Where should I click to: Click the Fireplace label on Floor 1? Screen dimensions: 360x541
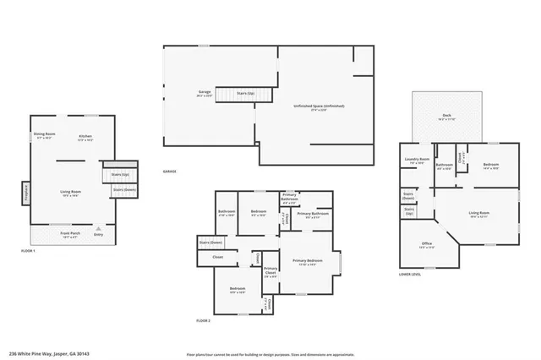pyautogui.click(x=25, y=192)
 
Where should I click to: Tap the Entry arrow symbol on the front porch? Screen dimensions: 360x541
pyautogui.click(x=99, y=227)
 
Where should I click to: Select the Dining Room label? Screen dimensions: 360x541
pyautogui.click(x=44, y=134)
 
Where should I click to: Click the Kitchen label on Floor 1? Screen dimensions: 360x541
pyautogui.click(x=85, y=135)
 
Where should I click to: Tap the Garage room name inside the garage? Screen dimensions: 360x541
pyautogui.click(x=205, y=91)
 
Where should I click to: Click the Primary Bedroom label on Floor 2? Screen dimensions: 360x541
pyautogui.click(x=307, y=261)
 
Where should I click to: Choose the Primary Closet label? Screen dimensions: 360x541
pyautogui.click(x=270, y=272)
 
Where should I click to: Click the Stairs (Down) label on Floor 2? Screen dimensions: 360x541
pyautogui.click(x=210, y=243)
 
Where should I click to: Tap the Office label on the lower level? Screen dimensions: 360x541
pyautogui.click(x=428, y=244)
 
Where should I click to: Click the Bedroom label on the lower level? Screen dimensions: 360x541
pyautogui.click(x=492, y=165)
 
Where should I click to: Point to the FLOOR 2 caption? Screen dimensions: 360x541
pyautogui.click(x=203, y=321)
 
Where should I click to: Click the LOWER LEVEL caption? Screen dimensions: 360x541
pyautogui.click(x=411, y=274)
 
